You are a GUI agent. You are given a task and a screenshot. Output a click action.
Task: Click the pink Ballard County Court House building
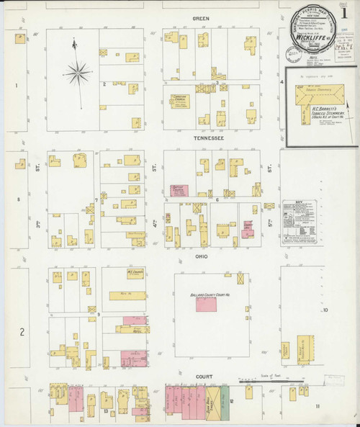point(207,304)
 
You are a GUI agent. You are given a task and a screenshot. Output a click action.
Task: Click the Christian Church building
point(179,100)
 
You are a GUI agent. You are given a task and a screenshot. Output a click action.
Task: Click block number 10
point(325,310)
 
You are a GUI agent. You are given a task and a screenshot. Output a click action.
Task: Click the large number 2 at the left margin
point(22,332)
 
